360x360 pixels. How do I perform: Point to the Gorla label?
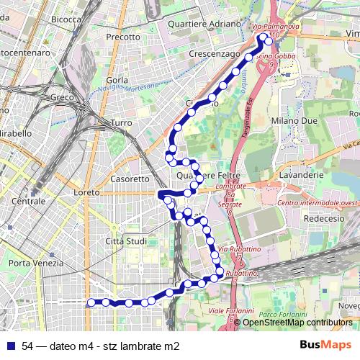(x=116, y=80)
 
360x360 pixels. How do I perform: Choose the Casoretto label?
(x=130, y=179)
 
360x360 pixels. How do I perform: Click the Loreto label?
(x=86, y=193)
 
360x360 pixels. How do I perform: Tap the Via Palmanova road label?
(x=274, y=27)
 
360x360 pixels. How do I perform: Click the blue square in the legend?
(x=10, y=346)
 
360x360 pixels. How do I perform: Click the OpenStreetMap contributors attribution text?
(x=297, y=323)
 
